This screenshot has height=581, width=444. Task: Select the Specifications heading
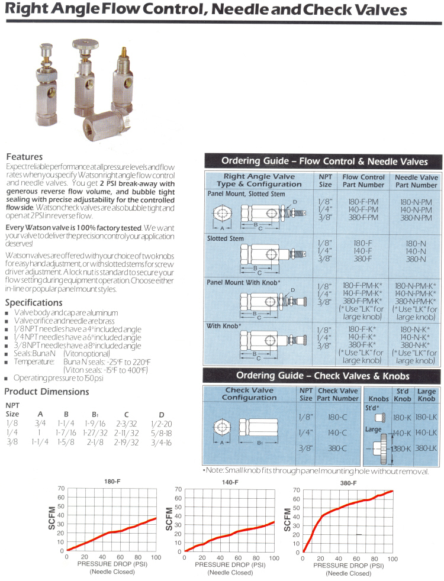[38, 302]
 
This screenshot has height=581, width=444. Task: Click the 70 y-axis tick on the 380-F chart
[297, 490]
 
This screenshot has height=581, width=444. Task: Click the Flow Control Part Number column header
[363, 180]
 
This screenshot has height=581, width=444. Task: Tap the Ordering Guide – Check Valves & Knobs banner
[323, 376]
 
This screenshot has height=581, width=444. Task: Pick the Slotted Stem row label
[226, 238]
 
